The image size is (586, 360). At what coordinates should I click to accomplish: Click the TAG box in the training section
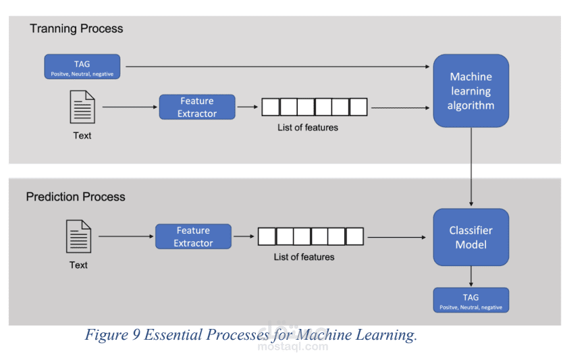coord(82,67)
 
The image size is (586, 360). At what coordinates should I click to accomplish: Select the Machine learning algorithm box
coord(471,91)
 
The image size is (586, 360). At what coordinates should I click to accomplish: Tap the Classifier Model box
coord(471,237)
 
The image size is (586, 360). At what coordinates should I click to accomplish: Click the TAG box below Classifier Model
coord(471,300)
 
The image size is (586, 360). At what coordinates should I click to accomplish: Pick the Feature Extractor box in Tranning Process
coord(197,107)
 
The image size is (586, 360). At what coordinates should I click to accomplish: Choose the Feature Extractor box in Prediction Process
coord(193,237)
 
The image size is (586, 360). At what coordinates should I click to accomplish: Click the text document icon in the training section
coord(82,107)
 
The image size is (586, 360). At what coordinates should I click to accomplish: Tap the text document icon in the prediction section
coord(78,237)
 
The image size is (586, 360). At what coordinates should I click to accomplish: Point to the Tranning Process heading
coord(76,29)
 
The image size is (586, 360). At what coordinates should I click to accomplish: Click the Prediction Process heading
coord(76,197)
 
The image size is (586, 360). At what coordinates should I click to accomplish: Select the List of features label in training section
coord(308,127)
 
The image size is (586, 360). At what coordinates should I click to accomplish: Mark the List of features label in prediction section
coord(304,257)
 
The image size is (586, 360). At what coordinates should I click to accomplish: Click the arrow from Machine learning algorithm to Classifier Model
coord(471,166)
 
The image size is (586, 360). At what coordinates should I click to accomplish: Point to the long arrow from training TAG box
coord(277,67)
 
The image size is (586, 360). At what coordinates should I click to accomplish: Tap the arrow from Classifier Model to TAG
coord(471,276)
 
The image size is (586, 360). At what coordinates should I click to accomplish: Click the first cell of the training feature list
coord(271,107)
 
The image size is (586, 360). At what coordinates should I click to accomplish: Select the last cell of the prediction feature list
coord(354,236)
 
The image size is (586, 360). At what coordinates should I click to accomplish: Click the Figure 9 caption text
coord(250,335)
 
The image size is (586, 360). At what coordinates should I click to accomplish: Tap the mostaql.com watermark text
coord(292,347)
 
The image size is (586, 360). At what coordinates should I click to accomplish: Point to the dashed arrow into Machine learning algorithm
coord(400,107)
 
